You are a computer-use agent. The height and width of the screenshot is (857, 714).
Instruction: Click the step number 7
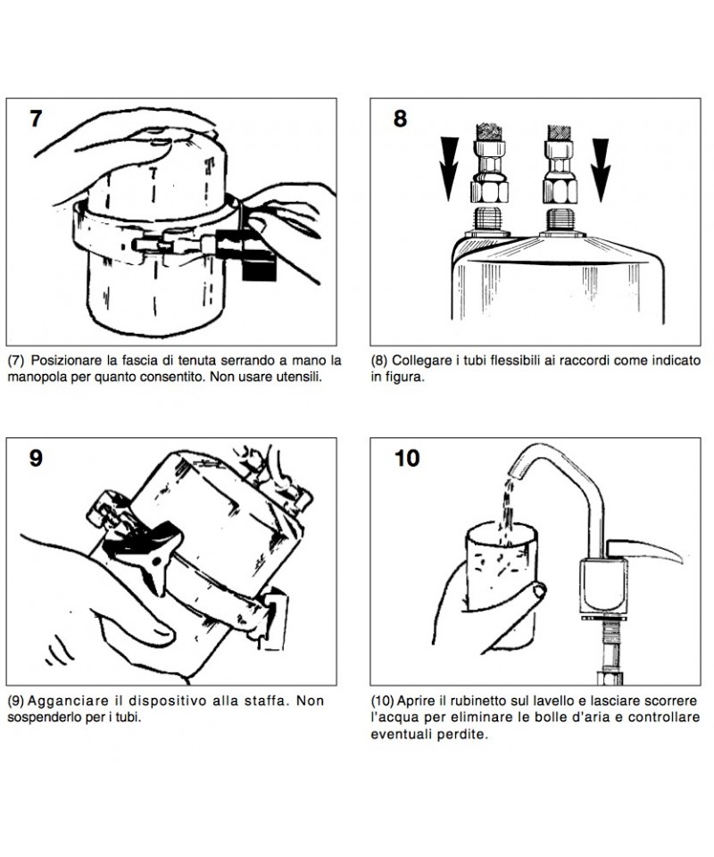click(x=36, y=119)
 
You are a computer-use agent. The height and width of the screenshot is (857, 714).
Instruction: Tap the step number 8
click(x=399, y=119)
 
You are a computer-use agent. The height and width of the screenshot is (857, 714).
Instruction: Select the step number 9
click(x=36, y=458)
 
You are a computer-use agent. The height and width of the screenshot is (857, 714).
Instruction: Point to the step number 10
click(x=406, y=458)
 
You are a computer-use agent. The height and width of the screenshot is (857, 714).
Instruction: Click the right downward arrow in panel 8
click(x=602, y=166)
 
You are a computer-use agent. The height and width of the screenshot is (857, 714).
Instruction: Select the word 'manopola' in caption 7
click(x=37, y=377)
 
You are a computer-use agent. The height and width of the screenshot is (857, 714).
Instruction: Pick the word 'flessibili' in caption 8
click(x=522, y=361)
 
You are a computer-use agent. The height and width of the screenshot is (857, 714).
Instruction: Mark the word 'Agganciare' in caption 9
click(x=69, y=700)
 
